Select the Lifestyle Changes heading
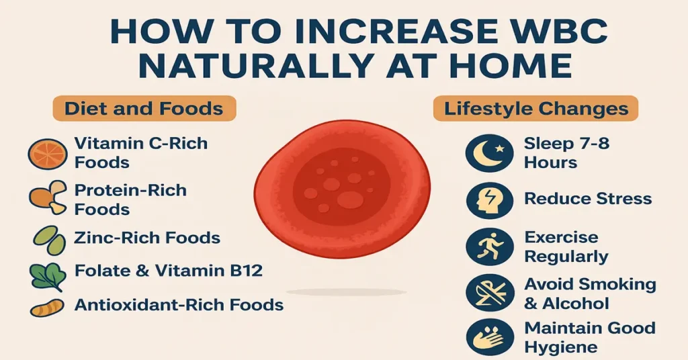[536, 108]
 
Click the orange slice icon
[47, 153]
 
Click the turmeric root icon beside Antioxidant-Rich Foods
[47, 307]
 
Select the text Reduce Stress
[588, 199]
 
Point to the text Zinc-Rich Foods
[147, 237]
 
